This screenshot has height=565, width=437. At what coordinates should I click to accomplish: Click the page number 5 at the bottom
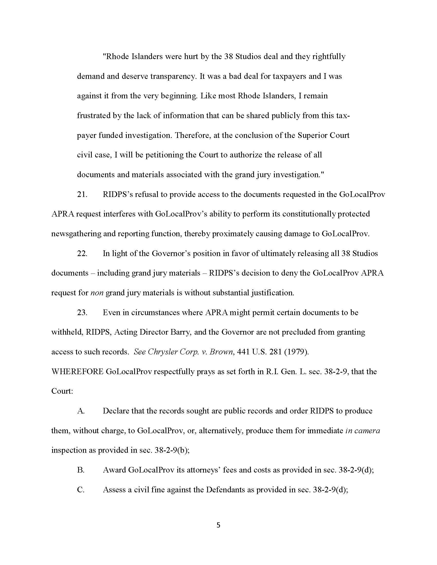coord(218,525)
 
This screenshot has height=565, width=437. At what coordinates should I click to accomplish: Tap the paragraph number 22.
coord(82,253)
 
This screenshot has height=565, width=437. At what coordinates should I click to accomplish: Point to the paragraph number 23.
coord(82,312)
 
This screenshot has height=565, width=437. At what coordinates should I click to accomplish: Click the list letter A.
coord(81,411)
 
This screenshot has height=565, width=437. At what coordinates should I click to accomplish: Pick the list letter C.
coord(81,490)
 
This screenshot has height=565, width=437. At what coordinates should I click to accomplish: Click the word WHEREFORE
coord(77,372)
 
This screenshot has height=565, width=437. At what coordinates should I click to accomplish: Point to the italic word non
coord(97,293)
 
